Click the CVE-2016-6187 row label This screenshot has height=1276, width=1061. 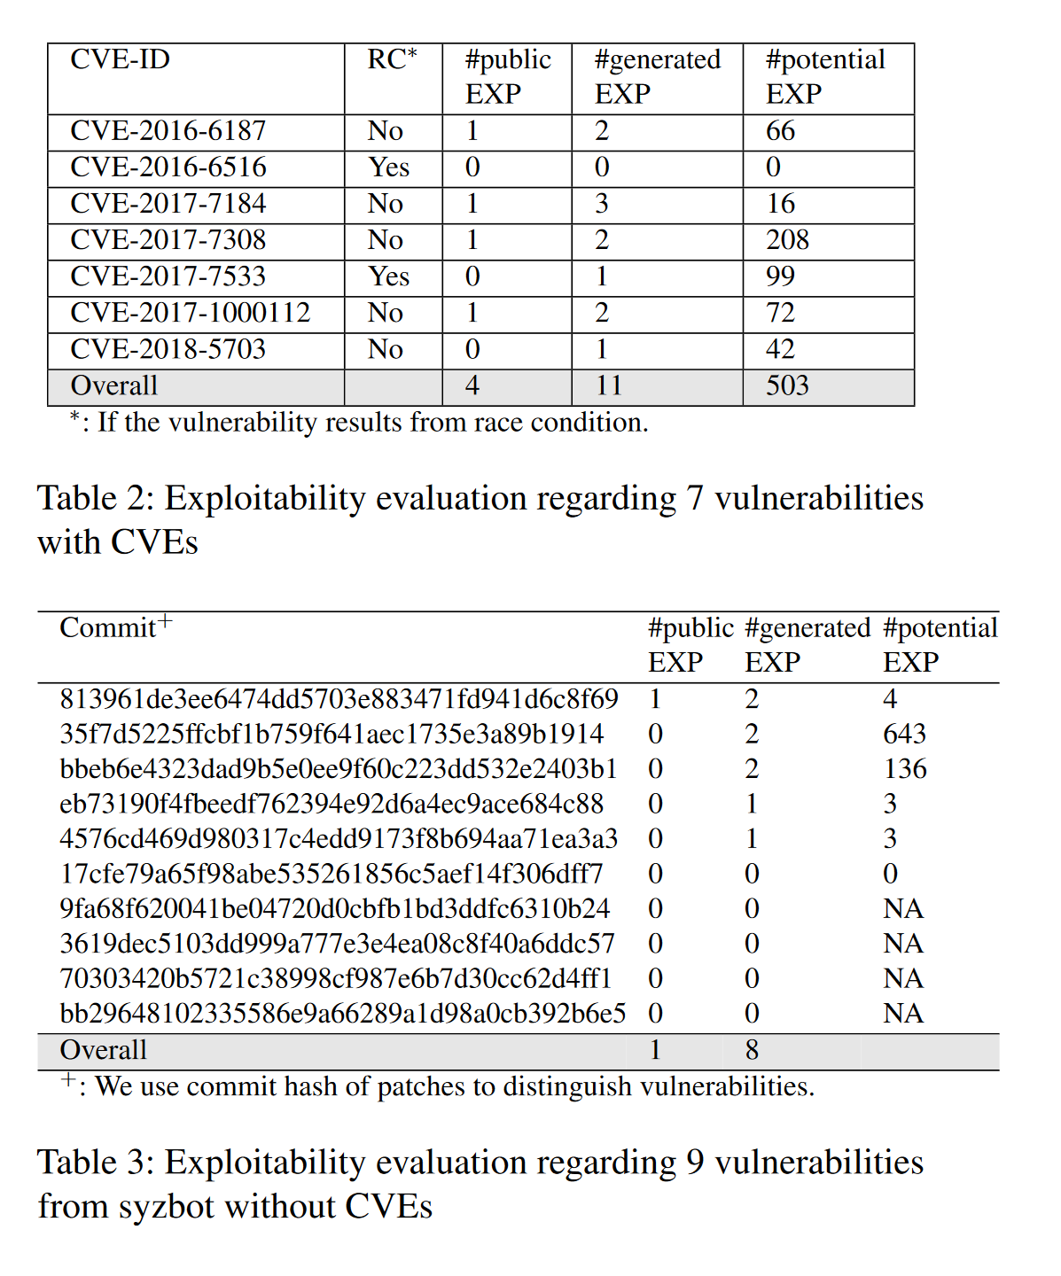[x=168, y=131]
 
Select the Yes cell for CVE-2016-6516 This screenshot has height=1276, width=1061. [x=388, y=167]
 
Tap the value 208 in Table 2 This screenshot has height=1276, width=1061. [x=787, y=240]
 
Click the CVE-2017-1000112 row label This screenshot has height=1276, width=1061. [x=190, y=313]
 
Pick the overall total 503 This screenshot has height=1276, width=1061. [x=787, y=385]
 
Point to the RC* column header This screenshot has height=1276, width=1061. [x=392, y=59]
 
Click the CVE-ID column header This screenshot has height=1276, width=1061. [x=120, y=59]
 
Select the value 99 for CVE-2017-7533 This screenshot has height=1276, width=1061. [x=780, y=276]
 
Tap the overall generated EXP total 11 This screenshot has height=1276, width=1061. [x=609, y=385]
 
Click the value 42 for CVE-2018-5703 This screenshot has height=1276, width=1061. [x=780, y=349]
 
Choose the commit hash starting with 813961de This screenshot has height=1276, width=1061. [x=339, y=699]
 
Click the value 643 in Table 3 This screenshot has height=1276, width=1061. [x=904, y=734]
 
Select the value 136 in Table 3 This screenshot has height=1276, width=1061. [x=904, y=768]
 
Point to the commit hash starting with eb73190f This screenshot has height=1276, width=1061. [x=332, y=804]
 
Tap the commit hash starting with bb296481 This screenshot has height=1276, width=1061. [x=342, y=1013]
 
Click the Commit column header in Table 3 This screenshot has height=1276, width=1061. [x=108, y=627]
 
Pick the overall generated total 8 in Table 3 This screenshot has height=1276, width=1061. [x=752, y=1050]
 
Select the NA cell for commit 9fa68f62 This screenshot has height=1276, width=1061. [x=903, y=908]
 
